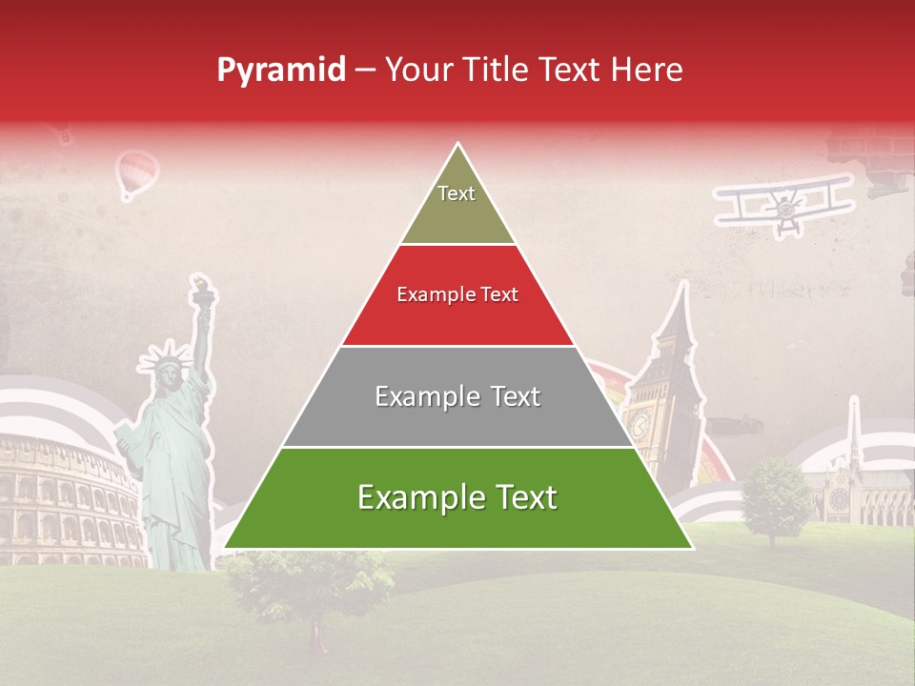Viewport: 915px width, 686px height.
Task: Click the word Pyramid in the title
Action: click(x=280, y=71)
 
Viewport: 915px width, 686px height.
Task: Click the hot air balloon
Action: click(x=136, y=172)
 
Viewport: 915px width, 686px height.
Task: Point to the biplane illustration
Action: click(x=784, y=203)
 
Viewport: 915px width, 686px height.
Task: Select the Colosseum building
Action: click(x=62, y=495)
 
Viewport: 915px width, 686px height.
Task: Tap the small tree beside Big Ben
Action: click(x=776, y=495)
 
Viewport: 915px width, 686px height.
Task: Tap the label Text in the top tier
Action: click(x=456, y=193)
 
